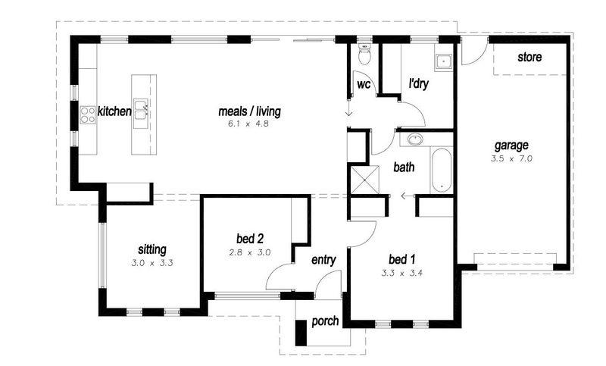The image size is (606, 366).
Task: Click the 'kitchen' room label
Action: (114, 112)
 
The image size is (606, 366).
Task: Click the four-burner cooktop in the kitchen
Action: (88, 114)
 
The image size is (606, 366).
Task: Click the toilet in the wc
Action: (364, 55)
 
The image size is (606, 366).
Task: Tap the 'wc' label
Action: (363, 84)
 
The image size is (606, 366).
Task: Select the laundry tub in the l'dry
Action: (442, 63)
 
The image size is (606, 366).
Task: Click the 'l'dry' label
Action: (419, 84)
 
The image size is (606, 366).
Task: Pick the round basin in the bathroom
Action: (414, 139)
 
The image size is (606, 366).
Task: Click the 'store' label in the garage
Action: (529, 58)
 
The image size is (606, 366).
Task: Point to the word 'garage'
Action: (512, 145)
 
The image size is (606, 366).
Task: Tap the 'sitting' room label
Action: (151, 249)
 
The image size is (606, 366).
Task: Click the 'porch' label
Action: (326, 322)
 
